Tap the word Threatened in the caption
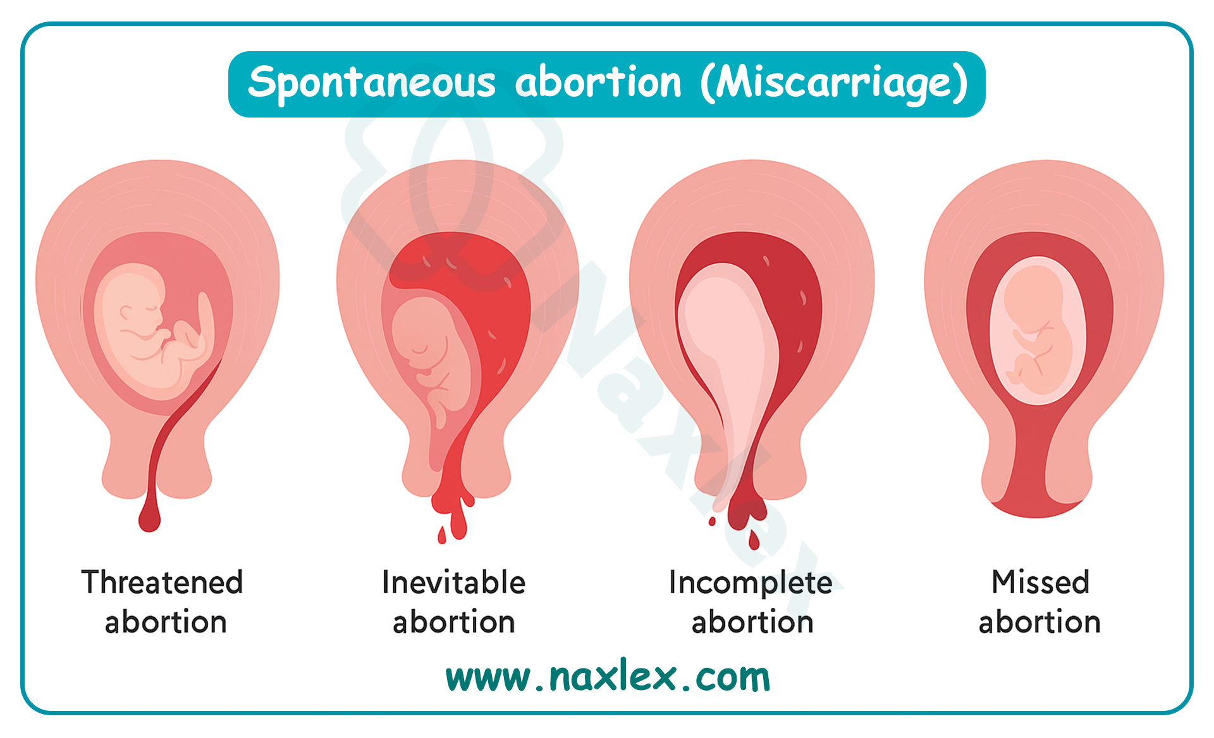point(162,582)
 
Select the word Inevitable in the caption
point(453,582)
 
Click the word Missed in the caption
point(1040,582)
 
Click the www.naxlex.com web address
point(608,677)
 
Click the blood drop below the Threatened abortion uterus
point(149,515)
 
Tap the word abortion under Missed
point(1039,622)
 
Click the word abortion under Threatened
point(166,622)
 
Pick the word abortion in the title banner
point(598,83)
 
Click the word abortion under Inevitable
point(454,622)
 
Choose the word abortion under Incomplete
point(752,622)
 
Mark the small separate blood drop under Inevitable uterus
point(442,535)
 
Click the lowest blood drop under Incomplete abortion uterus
point(754,540)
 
